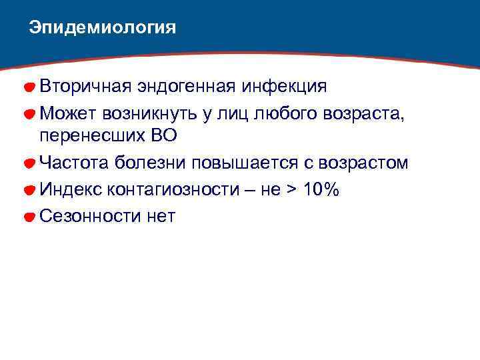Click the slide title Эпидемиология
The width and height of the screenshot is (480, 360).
coord(103,28)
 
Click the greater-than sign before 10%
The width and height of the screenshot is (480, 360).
coord(290,189)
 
